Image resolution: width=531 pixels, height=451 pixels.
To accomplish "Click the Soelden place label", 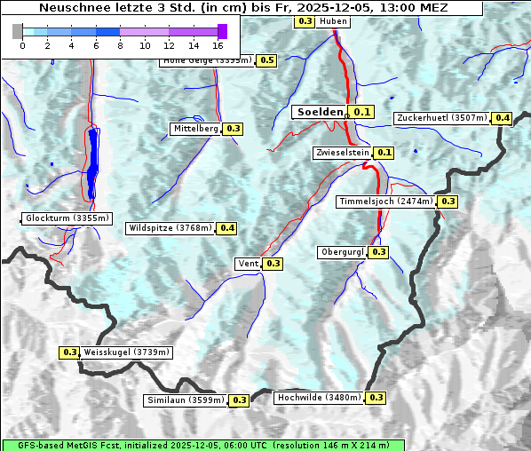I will (319, 112).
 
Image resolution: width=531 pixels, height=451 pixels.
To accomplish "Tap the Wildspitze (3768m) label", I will (170, 228).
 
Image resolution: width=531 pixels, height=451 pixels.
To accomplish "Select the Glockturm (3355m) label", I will (67, 218).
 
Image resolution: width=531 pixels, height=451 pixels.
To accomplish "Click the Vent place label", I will (248, 264).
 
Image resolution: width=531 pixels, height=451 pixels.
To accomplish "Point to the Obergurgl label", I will (342, 252).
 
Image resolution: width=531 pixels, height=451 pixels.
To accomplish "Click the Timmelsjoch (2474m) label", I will (386, 202).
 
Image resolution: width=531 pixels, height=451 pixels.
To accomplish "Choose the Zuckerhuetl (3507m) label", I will (442, 118).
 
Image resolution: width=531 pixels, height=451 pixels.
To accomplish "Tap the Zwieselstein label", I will (341, 153).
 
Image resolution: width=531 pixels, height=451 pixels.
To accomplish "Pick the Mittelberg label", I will (195, 129).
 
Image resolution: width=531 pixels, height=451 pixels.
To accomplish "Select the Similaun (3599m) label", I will (185, 400).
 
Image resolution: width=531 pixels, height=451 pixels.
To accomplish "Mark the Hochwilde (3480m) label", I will (319, 398).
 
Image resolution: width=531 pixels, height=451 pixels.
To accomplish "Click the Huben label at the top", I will (333, 20).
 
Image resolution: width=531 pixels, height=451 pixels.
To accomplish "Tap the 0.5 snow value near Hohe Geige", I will (267, 60).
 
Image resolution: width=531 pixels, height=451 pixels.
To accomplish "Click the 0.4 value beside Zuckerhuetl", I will (503, 118).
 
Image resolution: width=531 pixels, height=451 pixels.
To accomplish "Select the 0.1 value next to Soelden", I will (362, 112).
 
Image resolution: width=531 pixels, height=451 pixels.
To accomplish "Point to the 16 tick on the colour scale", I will (218, 44).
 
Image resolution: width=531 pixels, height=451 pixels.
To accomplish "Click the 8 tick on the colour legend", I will (119, 44).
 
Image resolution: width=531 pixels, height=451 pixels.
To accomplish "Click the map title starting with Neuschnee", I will (243, 8).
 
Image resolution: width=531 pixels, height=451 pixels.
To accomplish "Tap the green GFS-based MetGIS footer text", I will (202, 445).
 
